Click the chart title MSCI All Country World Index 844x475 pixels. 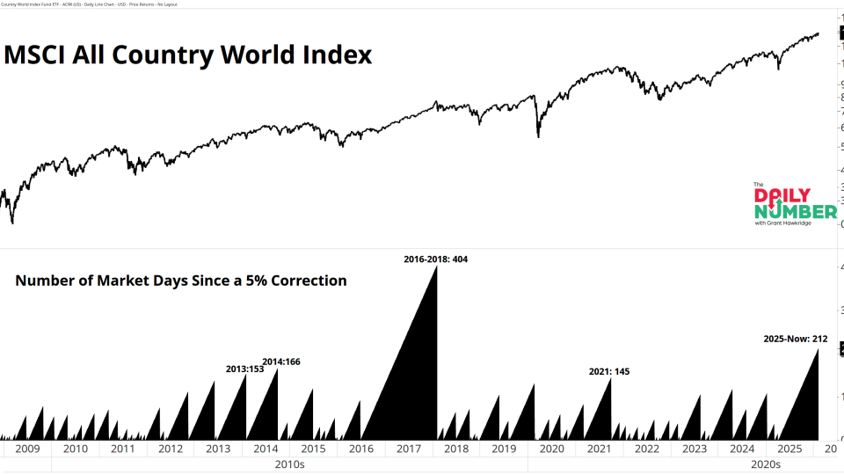(x=188, y=55)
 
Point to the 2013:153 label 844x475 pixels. (x=244, y=369)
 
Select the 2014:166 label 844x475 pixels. (x=281, y=362)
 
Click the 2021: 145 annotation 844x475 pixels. (x=609, y=371)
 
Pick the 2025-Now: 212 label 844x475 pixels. (x=795, y=339)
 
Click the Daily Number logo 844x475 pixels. (x=795, y=204)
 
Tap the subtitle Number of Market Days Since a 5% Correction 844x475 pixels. (x=181, y=281)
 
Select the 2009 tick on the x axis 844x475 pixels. (x=27, y=449)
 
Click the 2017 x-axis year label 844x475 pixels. (x=409, y=449)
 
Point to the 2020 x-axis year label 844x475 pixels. (x=551, y=449)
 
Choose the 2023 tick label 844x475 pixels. (x=695, y=449)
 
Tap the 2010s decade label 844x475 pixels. (x=289, y=464)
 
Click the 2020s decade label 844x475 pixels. (x=766, y=464)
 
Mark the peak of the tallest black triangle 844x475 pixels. (x=437, y=267)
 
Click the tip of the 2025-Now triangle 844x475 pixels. (x=819, y=349)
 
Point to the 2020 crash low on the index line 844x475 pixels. (x=538, y=136)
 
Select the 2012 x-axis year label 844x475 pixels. (x=171, y=449)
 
